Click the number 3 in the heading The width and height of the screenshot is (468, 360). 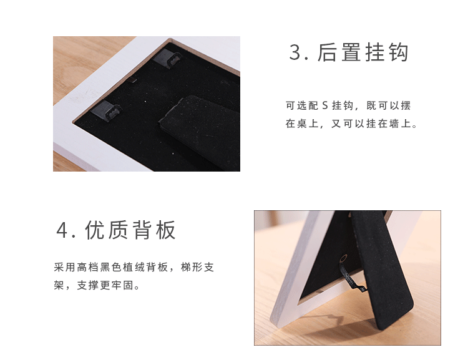[295, 52]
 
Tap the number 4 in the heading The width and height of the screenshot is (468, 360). [62, 230]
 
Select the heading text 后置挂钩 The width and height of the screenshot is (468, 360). [363, 52]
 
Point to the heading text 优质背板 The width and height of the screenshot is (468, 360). [131, 230]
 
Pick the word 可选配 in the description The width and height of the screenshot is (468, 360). [302, 106]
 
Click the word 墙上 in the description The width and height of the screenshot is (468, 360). [402, 124]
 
